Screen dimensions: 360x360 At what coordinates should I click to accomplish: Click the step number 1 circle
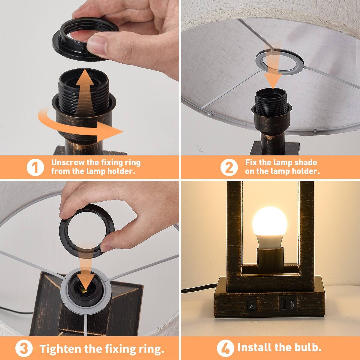[x=35, y=167]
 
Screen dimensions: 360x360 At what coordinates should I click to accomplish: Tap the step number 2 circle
[x=229, y=167]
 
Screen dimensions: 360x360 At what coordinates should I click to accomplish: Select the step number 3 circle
[x=24, y=349]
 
